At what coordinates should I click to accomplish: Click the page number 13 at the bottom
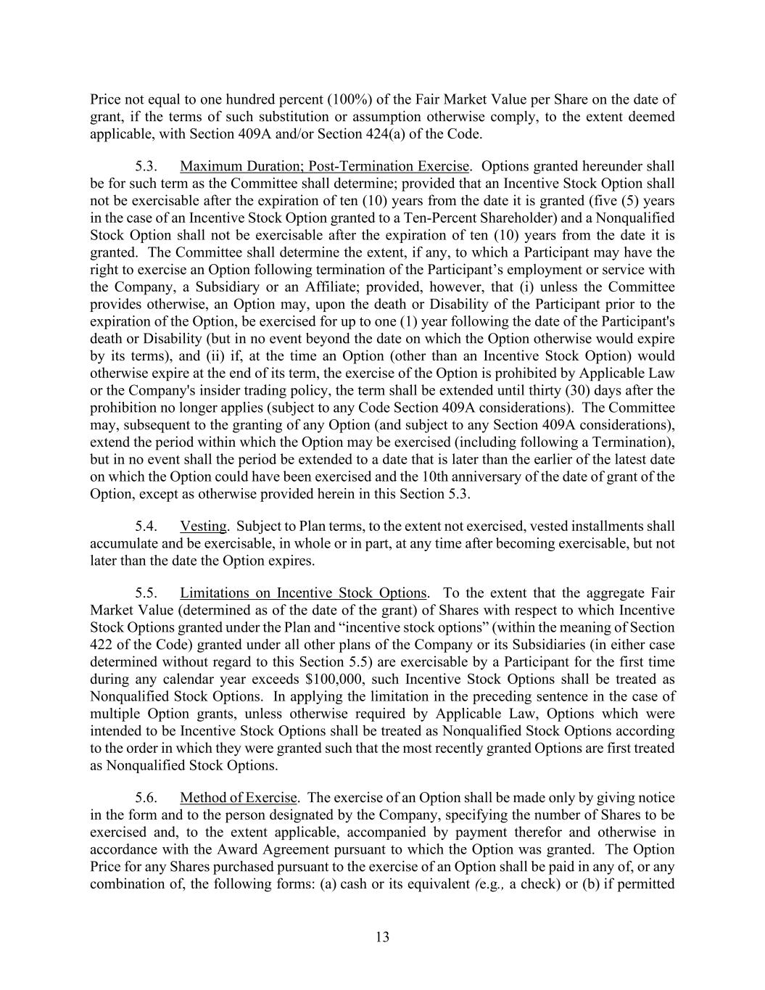382,936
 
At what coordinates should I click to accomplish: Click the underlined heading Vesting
203,526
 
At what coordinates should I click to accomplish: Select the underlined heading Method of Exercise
239,798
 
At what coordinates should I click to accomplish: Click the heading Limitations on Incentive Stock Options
303,593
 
